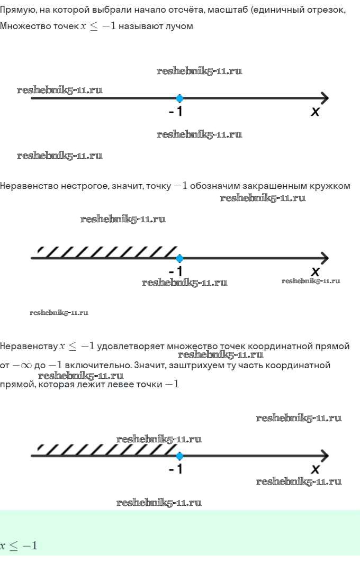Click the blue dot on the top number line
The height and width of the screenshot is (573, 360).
(179, 98)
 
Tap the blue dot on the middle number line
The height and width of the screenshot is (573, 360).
(179, 258)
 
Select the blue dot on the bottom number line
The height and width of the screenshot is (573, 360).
(179, 456)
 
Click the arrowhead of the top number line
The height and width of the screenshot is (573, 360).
(324, 98)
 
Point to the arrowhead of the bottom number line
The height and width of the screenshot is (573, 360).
(324, 456)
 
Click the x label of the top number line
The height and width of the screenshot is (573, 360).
(316, 112)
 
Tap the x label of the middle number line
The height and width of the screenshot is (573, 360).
(316, 271)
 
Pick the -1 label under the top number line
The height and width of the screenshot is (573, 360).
(176, 112)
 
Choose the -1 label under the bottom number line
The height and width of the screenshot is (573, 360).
(176, 469)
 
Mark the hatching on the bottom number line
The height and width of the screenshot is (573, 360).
(106, 449)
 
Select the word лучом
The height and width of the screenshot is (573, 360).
(180, 26)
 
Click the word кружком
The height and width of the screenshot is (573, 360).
(332, 186)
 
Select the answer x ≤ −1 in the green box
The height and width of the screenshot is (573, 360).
(19, 545)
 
